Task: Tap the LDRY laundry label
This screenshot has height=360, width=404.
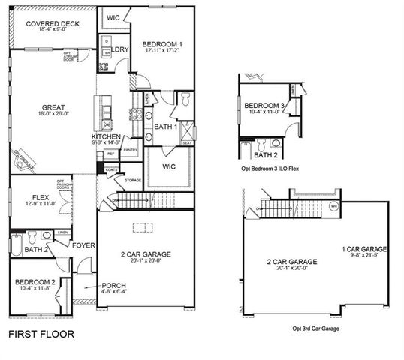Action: [x=120, y=50]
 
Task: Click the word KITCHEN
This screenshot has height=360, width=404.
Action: [x=106, y=136]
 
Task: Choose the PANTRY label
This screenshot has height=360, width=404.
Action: [x=130, y=150]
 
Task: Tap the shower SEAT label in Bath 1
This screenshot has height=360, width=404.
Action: [x=187, y=142]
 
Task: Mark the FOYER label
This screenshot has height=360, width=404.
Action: [x=83, y=244]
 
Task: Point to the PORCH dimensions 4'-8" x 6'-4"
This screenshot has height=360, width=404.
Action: [x=93, y=293]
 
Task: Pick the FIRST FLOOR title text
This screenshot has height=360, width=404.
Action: [x=41, y=334]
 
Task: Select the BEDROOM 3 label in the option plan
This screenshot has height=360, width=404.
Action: [x=263, y=106]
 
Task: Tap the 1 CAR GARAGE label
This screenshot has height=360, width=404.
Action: [x=364, y=249]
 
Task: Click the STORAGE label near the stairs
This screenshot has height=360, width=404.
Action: [x=133, y=181]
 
